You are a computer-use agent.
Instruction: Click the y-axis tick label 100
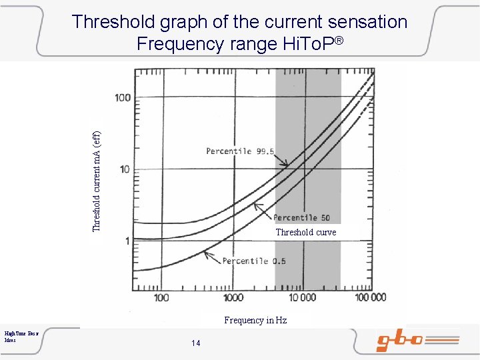coord(123,98)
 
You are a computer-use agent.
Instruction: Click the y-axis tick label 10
coord(123,169)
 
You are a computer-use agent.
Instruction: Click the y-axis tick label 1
coord(127,241)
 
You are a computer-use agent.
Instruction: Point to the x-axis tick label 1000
coord(233,297)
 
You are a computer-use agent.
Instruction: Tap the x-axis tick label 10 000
coord(302,297)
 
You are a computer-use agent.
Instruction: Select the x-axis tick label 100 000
coord(370,297)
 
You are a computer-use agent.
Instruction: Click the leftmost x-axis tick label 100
coord(161,297)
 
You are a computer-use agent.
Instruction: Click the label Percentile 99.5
coord(239,151)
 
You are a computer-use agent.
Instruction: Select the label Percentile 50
coord(301,218)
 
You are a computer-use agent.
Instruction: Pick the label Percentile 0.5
coord(254,261)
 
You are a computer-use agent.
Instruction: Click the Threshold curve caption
coord(305,233)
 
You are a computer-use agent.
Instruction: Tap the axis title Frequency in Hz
coord(255,320)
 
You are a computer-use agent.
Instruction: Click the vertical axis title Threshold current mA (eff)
coord(97,173)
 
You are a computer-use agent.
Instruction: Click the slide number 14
coord(195,343)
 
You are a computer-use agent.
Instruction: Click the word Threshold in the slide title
coord(113,22)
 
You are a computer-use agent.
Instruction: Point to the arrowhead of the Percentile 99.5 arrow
coord(287,166)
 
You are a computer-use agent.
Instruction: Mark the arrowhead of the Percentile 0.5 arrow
coord(205,252)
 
